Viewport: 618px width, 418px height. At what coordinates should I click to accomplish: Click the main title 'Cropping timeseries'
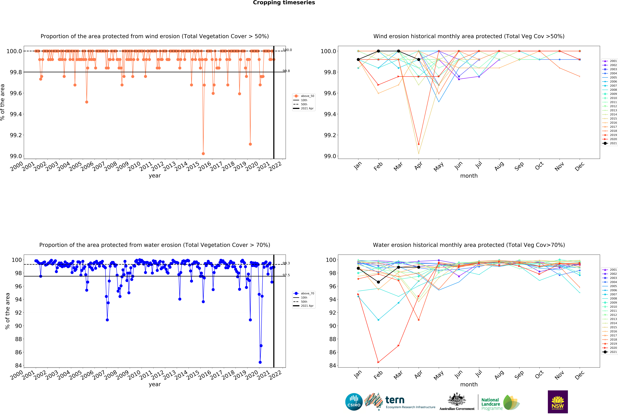(284, 3)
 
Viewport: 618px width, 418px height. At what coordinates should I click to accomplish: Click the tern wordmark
(395, 400)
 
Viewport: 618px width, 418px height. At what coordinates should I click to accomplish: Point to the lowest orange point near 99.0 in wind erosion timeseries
(203, 154)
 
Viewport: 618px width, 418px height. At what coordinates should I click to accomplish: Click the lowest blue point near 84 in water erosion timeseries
(260, 362)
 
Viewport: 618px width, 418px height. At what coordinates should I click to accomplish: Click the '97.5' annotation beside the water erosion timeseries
(286, 275)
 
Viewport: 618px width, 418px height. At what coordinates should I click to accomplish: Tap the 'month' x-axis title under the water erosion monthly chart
(469, 385)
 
